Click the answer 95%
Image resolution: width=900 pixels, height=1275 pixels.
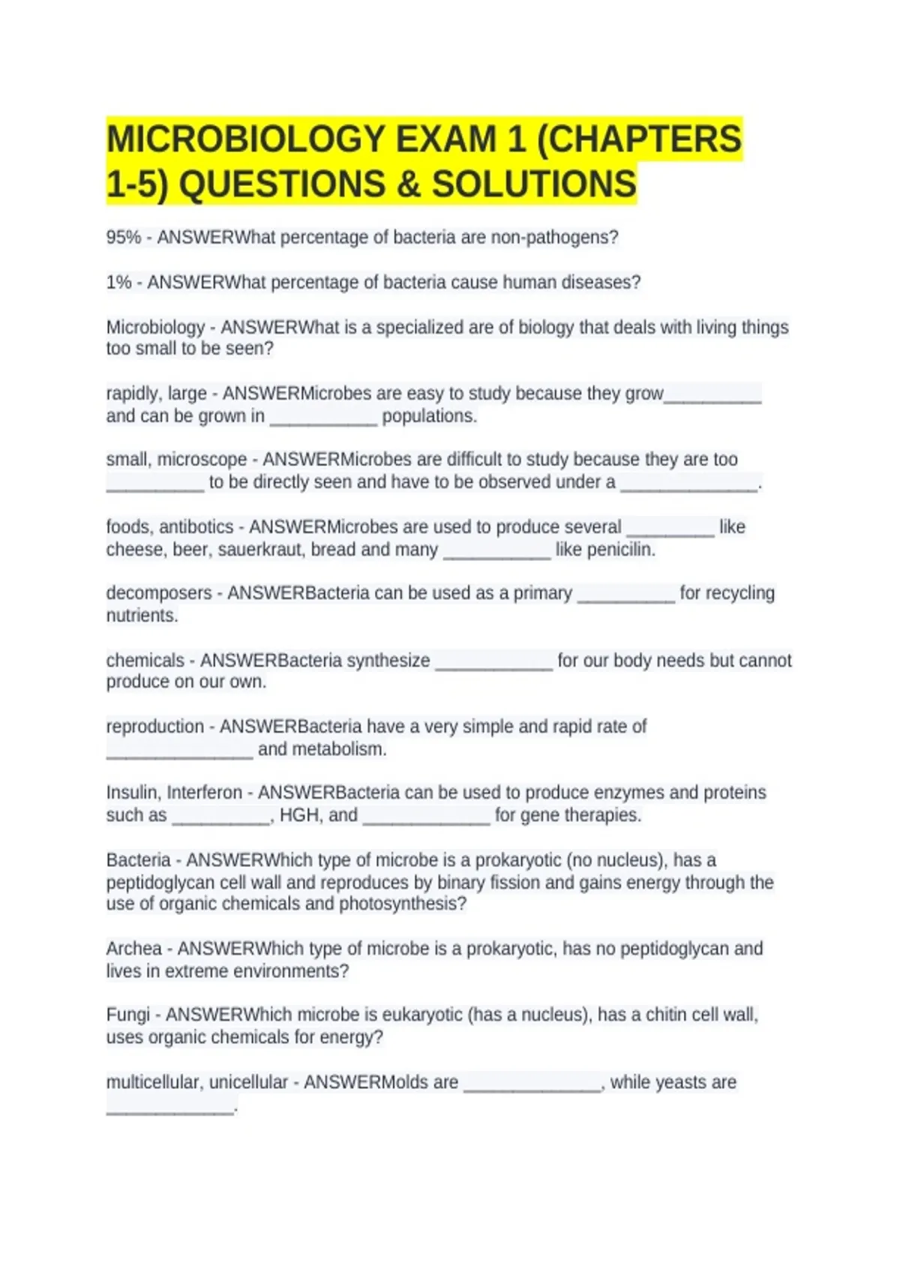tap(124, 238)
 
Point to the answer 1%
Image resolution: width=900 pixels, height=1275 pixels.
tap(118, 283)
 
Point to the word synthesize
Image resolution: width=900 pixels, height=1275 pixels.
tap(388, 661)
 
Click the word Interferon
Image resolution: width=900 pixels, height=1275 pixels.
tap(205, 793)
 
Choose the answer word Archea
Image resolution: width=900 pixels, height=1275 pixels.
tap(133, 949)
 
